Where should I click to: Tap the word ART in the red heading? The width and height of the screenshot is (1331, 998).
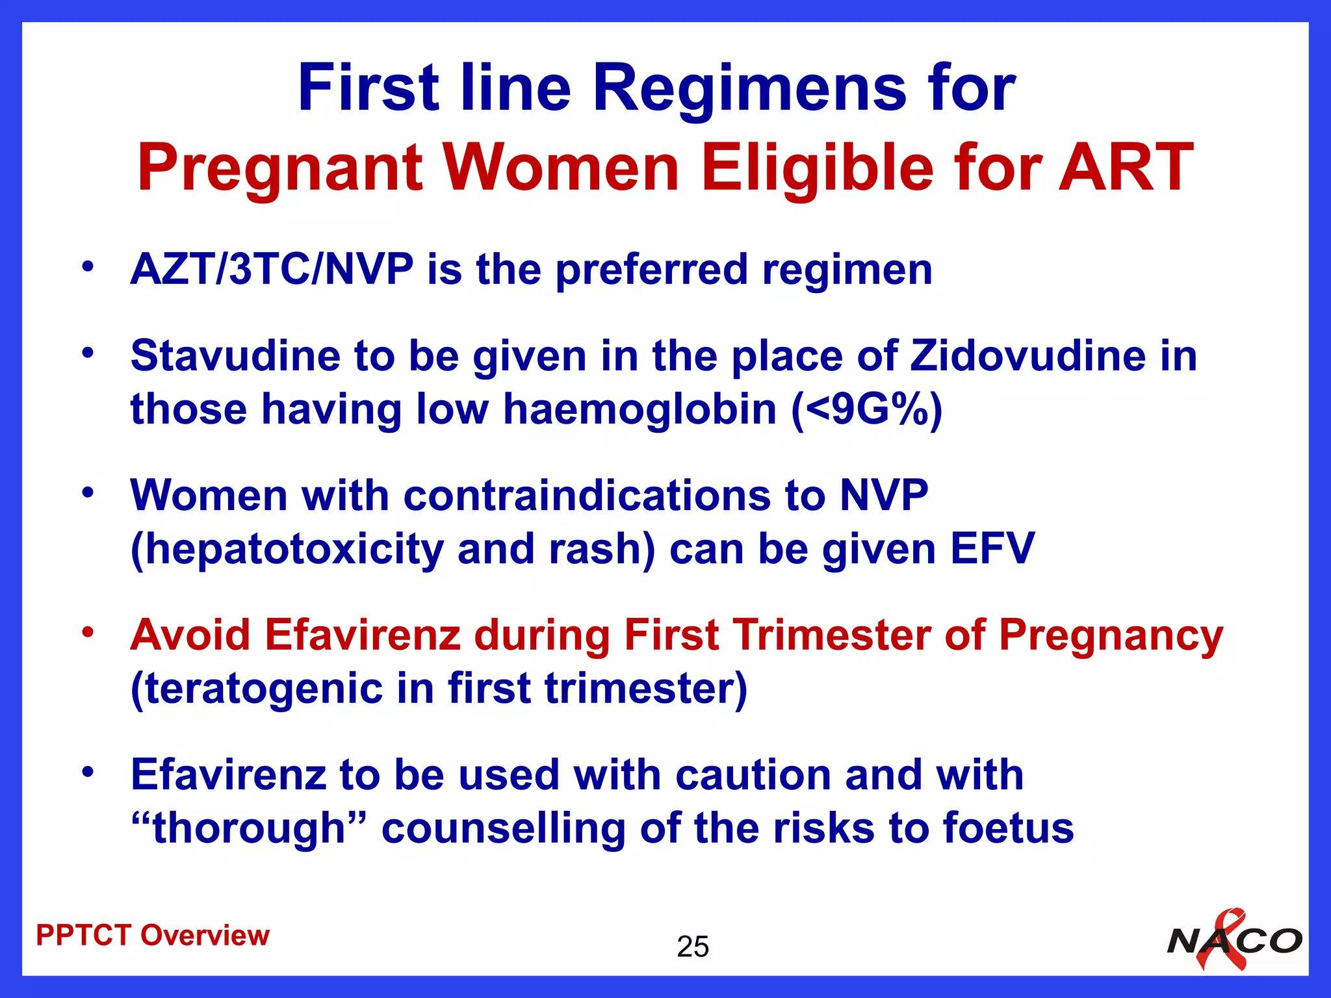[1126, 168]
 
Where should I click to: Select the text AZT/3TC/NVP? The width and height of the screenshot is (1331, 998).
[272, 269]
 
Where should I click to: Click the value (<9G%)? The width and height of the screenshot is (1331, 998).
[866, 409]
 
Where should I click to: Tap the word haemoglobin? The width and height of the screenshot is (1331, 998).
[640, 409]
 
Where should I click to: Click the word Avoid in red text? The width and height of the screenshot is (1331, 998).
[190, 635]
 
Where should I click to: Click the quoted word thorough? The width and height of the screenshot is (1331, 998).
[249, 828]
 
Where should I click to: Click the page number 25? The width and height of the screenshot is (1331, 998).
[692, 947]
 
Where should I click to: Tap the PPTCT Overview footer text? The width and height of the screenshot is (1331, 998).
[153, 936]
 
